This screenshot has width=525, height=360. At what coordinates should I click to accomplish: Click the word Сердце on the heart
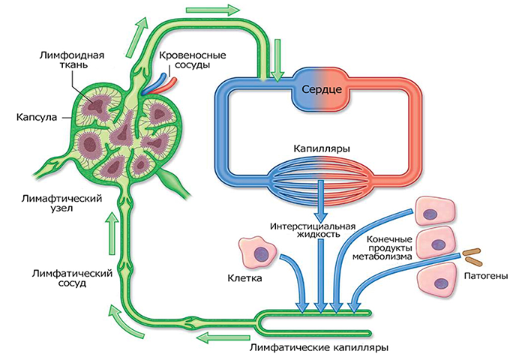pos(322,89)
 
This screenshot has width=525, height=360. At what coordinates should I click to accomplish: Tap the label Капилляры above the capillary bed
pos(322,148)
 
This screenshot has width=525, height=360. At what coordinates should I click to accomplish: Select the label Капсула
pos(37,118)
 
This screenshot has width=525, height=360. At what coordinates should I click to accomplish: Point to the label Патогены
pos(486,276)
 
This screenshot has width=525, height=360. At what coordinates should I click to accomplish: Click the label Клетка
pos(244,278)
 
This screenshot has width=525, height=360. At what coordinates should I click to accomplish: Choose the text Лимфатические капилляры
pos(319,347)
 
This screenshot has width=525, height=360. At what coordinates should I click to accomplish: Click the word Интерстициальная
pos(313,226)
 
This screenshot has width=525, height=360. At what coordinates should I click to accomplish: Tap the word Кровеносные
pos(193,55)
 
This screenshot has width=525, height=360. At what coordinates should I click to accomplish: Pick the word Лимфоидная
pos(72,55)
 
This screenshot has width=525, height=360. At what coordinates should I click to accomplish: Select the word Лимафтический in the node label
pos(61,199)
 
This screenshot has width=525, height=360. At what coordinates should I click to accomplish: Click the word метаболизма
pos(382,256)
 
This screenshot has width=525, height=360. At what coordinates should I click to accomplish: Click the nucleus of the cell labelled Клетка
pos(259,253)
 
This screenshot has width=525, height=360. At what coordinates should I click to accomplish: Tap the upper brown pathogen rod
pos(472,251)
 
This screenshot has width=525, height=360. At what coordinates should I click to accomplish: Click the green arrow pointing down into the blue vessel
pos(277,60)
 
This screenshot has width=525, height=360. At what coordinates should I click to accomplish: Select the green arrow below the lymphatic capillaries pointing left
pos(223,337)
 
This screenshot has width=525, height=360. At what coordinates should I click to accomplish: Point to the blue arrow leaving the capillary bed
pos(321,199)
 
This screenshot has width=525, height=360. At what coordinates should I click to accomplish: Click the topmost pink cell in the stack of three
pos(435,211)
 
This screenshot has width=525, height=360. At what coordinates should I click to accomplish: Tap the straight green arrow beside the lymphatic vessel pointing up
pos(113,235)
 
